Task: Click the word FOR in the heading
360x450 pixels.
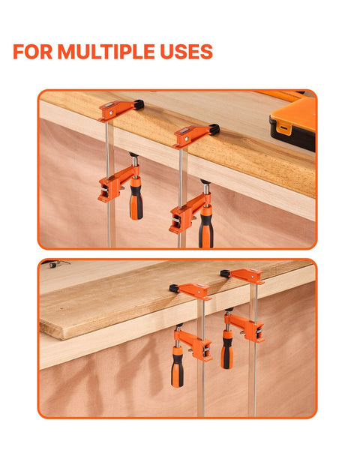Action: pos(33,52)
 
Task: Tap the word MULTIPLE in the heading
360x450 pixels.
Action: pos(106,52)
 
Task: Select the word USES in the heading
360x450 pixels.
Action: pos(186,52)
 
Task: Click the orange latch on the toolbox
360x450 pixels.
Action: pos(283,127)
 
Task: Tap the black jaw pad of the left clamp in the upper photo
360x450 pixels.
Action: pos(139,104)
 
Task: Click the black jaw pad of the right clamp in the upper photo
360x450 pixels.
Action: pos(214,129)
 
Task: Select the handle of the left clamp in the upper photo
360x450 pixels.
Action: pos(136,198)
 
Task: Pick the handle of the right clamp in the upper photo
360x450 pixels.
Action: pos(206,226)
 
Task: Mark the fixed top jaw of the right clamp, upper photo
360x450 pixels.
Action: pos(192,136)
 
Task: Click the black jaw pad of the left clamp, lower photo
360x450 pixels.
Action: pos(174,289)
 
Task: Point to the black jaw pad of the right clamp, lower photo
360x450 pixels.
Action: pos(225,274)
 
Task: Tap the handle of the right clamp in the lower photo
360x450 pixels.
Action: pos(227,349)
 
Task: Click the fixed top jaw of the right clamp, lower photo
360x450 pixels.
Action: pos(247,276)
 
